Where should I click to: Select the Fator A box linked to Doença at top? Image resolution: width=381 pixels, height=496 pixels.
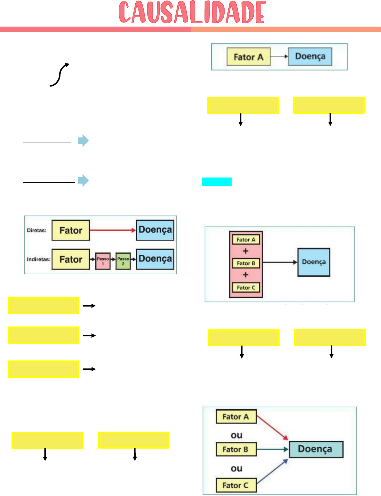(249, 57)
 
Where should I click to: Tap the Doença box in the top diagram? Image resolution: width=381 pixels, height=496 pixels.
(310, 56)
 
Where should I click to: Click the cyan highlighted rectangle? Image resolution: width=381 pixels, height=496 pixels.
(217, 182)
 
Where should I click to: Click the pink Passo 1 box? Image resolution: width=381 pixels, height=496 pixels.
(103, 261)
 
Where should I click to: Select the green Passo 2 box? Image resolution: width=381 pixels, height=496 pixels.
(123, 261)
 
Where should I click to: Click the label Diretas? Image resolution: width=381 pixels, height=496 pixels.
(36, 230)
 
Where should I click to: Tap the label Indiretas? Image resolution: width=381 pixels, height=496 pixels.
(38, 259)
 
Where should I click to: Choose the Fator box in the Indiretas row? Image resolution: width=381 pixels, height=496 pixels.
(71, 259)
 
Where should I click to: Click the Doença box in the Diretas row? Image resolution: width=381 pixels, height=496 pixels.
(155, 230)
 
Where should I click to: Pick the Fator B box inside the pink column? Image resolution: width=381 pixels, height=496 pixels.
(246, 263)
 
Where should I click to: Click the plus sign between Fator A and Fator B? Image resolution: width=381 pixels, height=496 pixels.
(245, 251)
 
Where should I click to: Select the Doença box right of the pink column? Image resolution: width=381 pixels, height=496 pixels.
(314, 262)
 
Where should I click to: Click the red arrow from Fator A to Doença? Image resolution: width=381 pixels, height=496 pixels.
(272, 427)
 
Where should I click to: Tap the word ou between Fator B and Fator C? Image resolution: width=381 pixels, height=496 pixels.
(236, 468)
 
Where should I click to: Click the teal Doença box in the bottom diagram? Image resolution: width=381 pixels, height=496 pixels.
(315, 449)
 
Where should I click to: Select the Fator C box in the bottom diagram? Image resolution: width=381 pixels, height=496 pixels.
(236, 485)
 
